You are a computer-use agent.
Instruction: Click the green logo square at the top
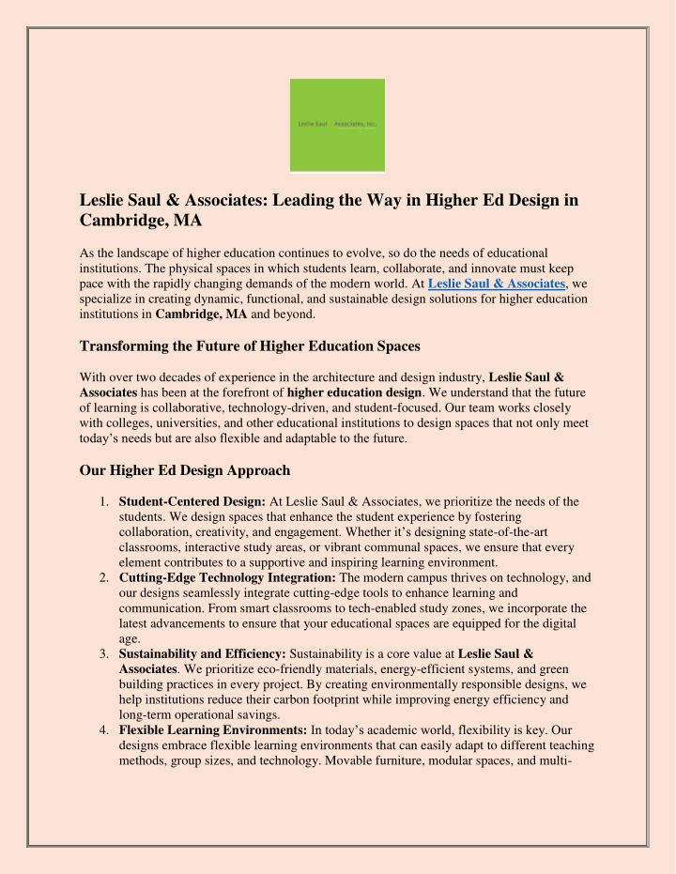(x=336, y=125)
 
